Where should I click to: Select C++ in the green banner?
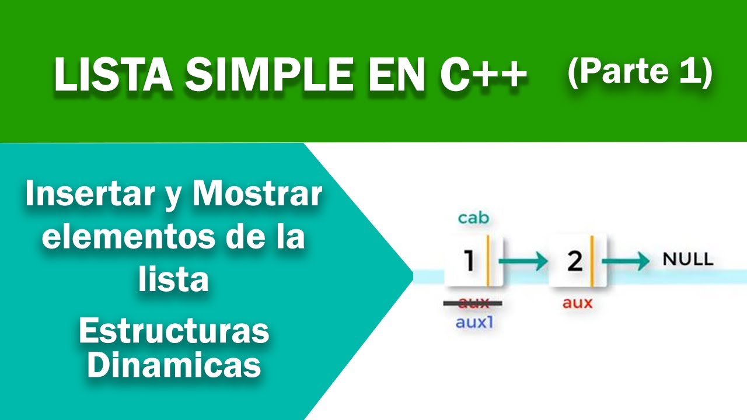[476, 76]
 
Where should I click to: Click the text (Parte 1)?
[640, 72]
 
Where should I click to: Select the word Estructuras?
[174, 332]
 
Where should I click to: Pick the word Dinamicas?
[174, 366]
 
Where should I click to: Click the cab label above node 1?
[473, 218]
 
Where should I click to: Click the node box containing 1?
[473, 261]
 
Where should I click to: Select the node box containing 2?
[577, 261]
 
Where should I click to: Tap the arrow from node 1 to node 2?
[523, 262]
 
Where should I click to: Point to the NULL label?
[688, 260]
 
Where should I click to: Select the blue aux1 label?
[473, 321]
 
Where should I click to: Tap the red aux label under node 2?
[577, 303]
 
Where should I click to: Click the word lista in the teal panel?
[174, 280]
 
